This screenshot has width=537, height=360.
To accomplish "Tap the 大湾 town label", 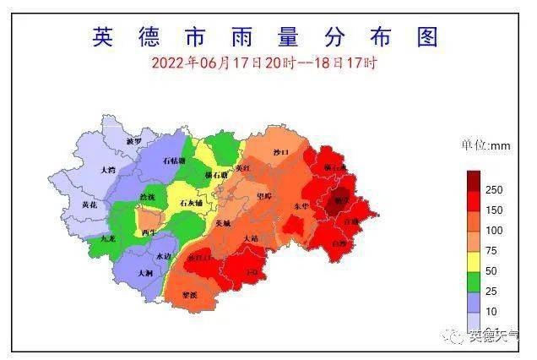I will (x=107, y=170).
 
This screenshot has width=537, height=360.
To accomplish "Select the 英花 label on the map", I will (x=89, y=205).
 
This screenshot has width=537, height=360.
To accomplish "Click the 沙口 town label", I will (x=280, y=152).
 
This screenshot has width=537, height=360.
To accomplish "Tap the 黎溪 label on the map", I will (x=190, y=295).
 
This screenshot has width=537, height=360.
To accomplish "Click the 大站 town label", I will (x=251, y=239).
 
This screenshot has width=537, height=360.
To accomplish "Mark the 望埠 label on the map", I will (x=263, y=196).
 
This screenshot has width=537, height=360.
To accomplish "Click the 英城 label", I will (x=222, y=223).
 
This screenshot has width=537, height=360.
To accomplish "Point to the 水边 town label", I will (x=164, y=256).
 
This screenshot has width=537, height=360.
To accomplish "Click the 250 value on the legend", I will (x=494, y=189).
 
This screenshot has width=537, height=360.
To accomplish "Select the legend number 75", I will (x=494, y=250).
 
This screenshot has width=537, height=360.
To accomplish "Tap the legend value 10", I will (x=491, y=312).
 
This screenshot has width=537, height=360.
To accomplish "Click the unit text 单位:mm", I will (x=485, y=145).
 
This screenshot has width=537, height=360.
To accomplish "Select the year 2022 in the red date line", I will (x=167, y=63).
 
